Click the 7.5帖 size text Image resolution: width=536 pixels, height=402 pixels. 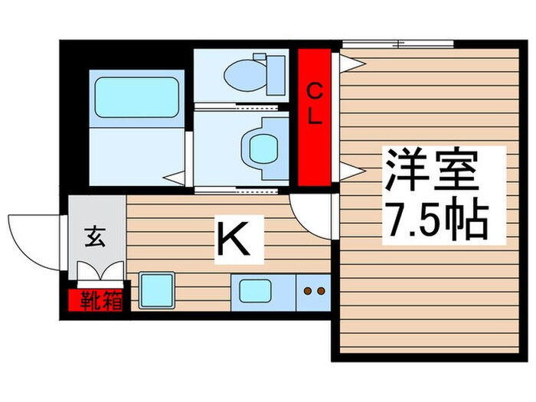click(x=434, y=219)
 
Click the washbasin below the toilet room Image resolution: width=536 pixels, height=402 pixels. click(x=258, y=143)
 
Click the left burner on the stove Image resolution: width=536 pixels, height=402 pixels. click(x=308, y=291)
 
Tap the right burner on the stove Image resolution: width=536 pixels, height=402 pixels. click(x=321, y=291)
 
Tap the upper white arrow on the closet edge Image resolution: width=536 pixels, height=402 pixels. click(x=348, y=59)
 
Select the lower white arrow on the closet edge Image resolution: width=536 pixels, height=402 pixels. click(x=348, y=169)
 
